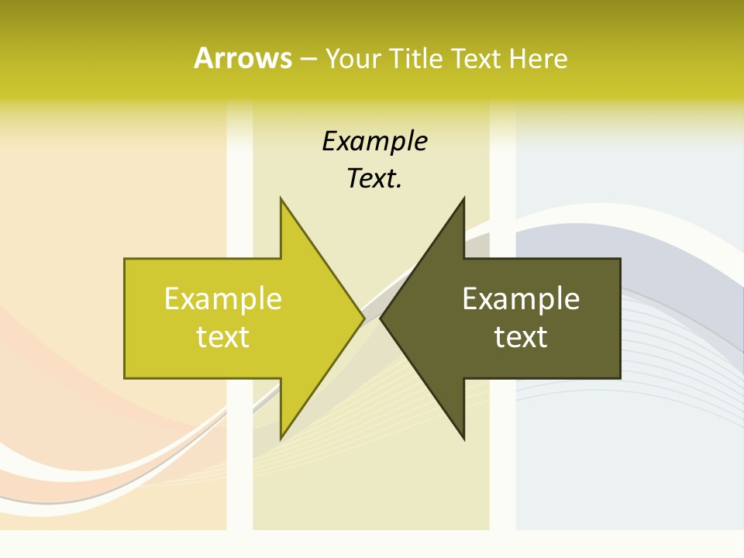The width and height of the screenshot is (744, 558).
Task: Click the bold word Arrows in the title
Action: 243,58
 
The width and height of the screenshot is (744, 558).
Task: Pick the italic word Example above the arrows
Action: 374,142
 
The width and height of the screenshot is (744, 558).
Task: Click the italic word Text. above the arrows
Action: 374,179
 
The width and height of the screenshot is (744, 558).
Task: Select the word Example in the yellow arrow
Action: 223,299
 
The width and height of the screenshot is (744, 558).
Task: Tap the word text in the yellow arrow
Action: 223,337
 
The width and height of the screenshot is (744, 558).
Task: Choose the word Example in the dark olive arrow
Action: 521,299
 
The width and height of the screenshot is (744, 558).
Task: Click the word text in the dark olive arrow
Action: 521,337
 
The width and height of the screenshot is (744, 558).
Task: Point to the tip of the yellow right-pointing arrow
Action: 363,319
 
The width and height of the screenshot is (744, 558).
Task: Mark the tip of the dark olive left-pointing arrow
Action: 382,319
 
